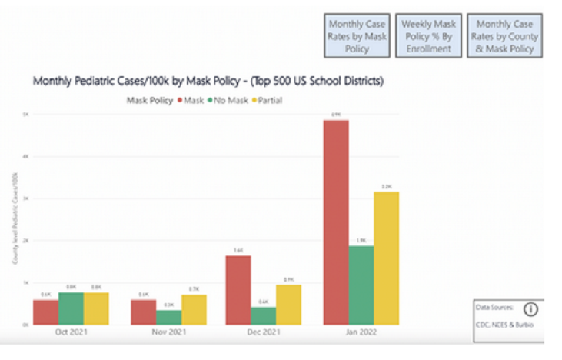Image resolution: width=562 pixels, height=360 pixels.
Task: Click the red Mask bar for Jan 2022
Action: point(336,222)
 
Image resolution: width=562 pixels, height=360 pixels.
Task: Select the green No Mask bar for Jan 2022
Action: point(361,285)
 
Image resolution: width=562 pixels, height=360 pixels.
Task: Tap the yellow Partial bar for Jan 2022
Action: point(387,258)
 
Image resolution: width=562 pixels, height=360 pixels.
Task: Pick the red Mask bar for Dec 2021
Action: point(238,289)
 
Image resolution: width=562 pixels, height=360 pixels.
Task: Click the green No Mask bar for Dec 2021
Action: point(264,315)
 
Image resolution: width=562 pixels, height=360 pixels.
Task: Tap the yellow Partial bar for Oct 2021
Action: point(96,308)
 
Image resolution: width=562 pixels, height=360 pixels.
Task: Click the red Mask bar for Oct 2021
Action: point(45,312)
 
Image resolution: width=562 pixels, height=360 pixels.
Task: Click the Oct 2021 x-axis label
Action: point(71,334)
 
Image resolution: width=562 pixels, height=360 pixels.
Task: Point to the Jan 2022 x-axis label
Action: point(362,334)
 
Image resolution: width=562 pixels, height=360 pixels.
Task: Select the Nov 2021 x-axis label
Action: point(168,334)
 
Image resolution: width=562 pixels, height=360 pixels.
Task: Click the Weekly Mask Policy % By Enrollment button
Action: point(429,36)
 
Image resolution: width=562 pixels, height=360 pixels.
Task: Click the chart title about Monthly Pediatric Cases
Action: point(208,81)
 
